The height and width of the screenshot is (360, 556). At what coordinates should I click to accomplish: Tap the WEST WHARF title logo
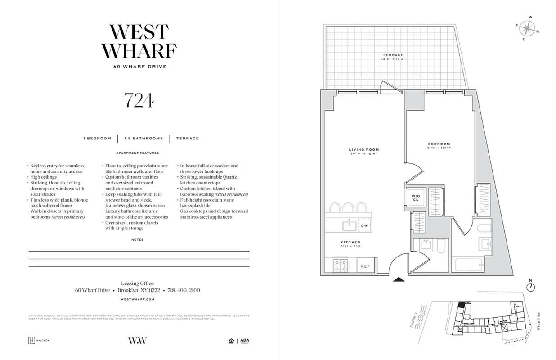coord(139,42)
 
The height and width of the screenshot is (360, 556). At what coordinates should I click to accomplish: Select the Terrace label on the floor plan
coord(393,57)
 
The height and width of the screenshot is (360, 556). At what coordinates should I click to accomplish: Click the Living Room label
coord(363,152)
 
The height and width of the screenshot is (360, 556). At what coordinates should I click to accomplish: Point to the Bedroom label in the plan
coord(439,145)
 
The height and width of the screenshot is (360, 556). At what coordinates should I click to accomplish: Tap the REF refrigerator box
coord(366,266)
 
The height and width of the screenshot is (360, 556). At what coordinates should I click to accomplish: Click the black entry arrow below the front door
coord(399,279)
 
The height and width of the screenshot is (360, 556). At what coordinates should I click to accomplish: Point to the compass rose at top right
coord(526,28)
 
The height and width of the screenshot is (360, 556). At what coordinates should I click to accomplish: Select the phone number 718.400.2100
coord(184,291)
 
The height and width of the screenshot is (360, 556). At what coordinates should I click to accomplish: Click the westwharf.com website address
coord(139,299)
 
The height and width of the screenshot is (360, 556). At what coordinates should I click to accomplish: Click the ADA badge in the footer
coord(244,341)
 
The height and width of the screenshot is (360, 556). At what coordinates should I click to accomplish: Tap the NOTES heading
coord(138,240)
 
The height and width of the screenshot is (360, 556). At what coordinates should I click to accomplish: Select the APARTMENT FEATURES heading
coord(138,153)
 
